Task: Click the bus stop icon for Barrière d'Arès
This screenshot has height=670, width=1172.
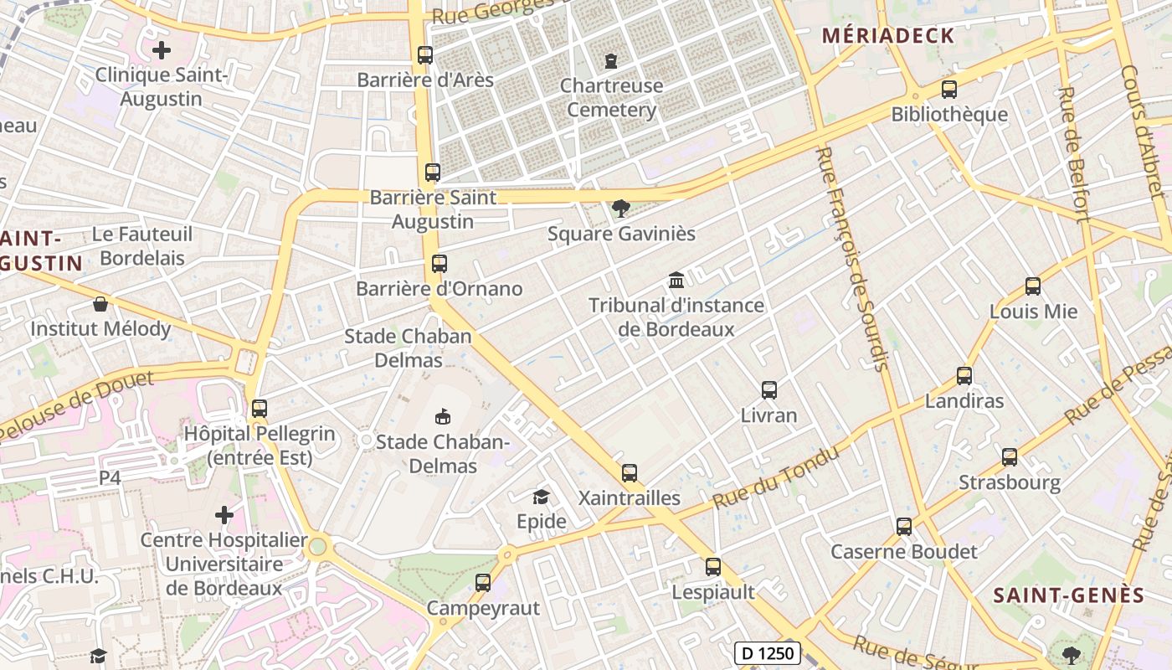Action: point(425,55)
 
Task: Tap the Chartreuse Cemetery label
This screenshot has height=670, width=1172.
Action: point(611,97)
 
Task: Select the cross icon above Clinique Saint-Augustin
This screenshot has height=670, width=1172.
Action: point(162,50)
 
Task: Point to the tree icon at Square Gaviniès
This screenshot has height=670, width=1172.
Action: point(620,208)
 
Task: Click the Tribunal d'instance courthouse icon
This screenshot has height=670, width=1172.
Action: point(676,280)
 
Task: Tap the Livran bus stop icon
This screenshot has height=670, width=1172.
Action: point(769,390)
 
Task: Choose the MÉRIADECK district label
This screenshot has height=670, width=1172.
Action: point(887,35)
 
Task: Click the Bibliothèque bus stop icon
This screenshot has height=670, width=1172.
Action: point(948,90)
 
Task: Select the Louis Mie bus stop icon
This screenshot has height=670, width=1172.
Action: point(1033,286)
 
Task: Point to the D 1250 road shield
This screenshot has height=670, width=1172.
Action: point(768,653)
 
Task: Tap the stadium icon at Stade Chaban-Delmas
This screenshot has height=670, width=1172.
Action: point(442,416)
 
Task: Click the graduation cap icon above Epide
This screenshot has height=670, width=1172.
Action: point(541,497)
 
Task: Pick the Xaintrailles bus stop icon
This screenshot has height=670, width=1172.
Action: point(630,473)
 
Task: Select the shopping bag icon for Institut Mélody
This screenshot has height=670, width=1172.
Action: point(100,304)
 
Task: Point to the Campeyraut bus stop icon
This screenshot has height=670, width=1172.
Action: point(483,583)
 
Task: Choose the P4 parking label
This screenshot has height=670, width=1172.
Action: point(111,477)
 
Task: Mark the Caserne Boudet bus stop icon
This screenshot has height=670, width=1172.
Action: point(904,527)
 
